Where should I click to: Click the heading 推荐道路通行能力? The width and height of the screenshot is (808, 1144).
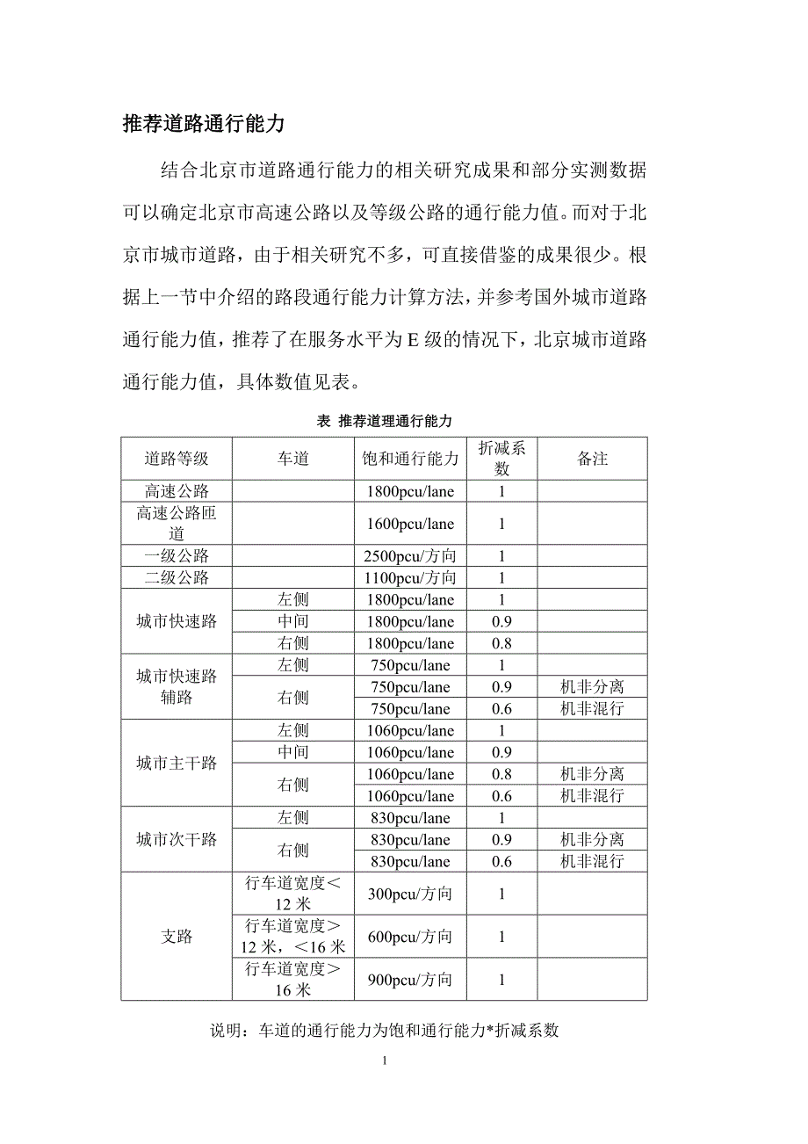(x=204, y=124)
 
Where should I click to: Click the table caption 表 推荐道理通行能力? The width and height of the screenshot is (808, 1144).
(x=384, y=422)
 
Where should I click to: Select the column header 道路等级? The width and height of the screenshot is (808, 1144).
(x=177, y=459)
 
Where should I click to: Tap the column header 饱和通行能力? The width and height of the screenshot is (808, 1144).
(x=410, y=459)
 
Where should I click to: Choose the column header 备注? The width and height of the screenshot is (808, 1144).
(x=593, y=459)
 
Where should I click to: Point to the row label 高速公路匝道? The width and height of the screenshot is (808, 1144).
(x=177, y=524)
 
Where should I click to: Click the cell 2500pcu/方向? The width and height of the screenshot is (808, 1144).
(x=410, y=556)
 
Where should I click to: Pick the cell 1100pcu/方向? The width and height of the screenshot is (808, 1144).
(x=410, y=578)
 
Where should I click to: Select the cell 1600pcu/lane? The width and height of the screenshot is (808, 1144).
(x=410, y=524)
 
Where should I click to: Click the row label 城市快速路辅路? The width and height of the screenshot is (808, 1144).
(x=177, y=687)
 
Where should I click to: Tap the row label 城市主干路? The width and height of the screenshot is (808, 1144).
(x=177, y=763)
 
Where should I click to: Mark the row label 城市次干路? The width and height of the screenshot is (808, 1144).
(x=177, y=839)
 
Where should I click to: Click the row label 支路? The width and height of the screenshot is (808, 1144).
(x=177, y=937)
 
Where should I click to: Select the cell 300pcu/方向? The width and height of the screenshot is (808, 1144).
(x=410, y=894)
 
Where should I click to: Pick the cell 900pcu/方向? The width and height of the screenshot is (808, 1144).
(x=410, y=980)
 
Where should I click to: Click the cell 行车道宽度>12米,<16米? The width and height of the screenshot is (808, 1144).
(x=293, y=937)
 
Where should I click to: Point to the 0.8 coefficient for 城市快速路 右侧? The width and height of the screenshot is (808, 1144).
(x=501, y=643)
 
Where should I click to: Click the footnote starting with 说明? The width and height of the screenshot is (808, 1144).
(x=384, y=1031)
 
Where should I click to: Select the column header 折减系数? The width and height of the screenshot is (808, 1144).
(x=501, y=459)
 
